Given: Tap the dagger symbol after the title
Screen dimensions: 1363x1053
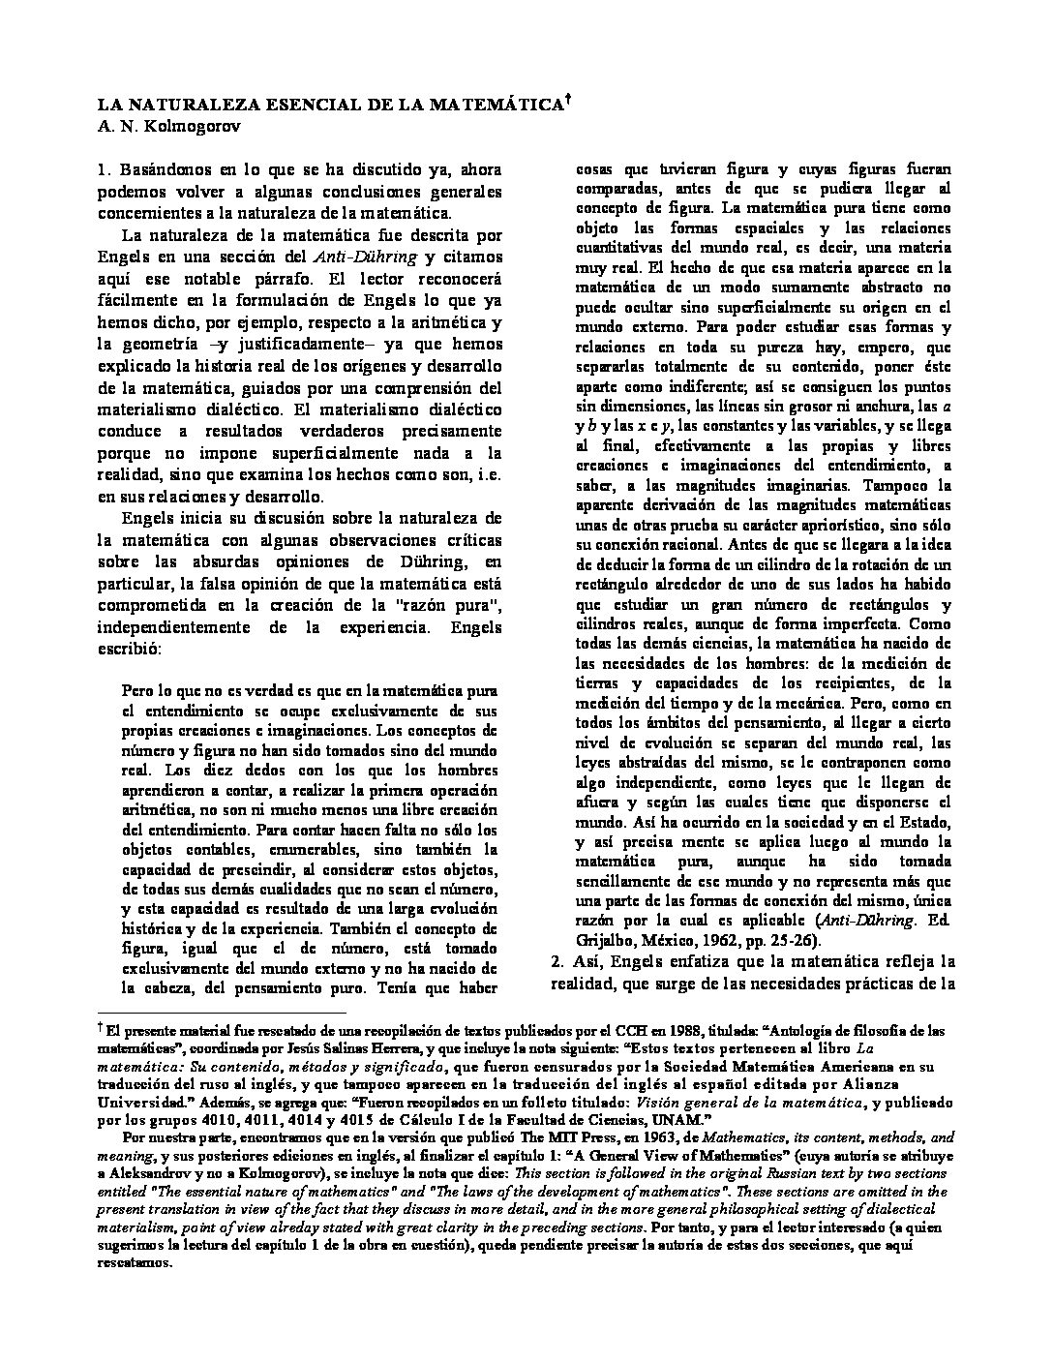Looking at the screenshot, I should click(x=568, y=98).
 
